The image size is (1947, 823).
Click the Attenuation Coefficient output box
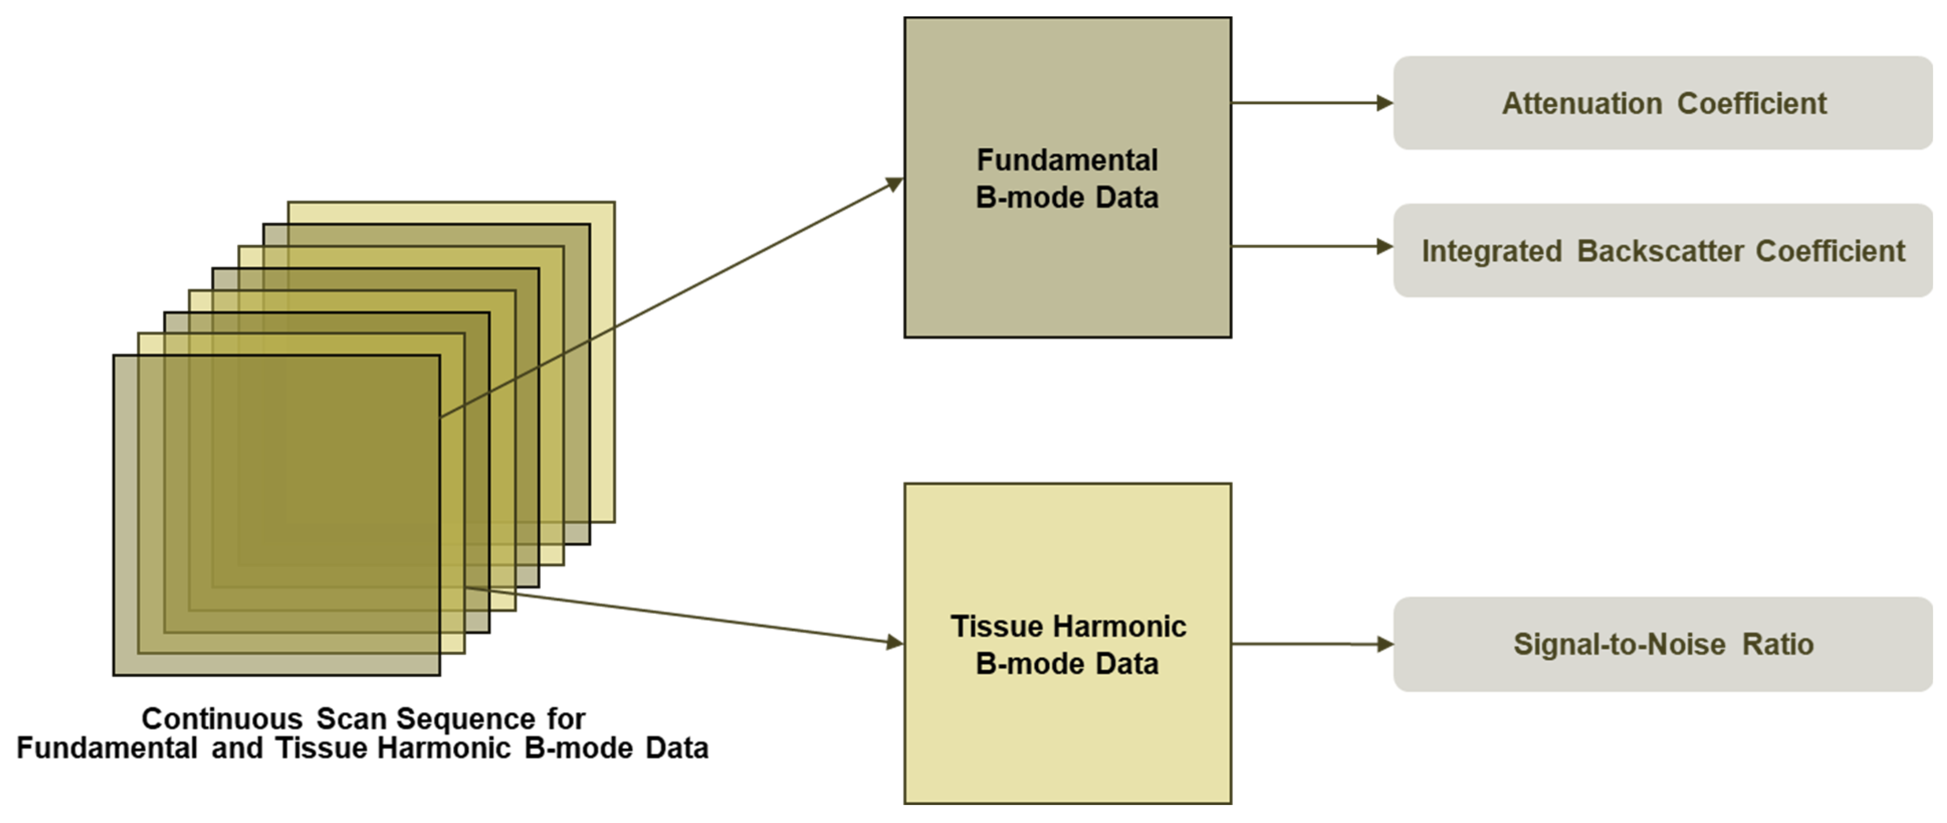click(1663, 103)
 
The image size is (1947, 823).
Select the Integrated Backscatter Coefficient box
click(1663, 250)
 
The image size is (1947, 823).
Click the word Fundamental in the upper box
click(1067, 160)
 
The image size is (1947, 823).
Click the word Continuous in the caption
click(222, 718)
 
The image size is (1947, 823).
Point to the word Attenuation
click(1582, 104)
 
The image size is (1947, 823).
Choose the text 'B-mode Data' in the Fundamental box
click(1067, 198)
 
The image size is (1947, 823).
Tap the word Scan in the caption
click(351, 718)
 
